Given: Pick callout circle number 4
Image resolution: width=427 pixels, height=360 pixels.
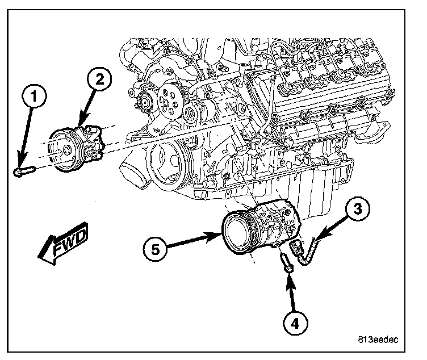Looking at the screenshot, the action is click(x=292, y=324).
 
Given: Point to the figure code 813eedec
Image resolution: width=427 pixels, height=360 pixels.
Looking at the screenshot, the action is click(x=378, y=340).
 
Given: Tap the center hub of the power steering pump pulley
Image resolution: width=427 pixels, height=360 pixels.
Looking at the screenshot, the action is click(x=66, y=150).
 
